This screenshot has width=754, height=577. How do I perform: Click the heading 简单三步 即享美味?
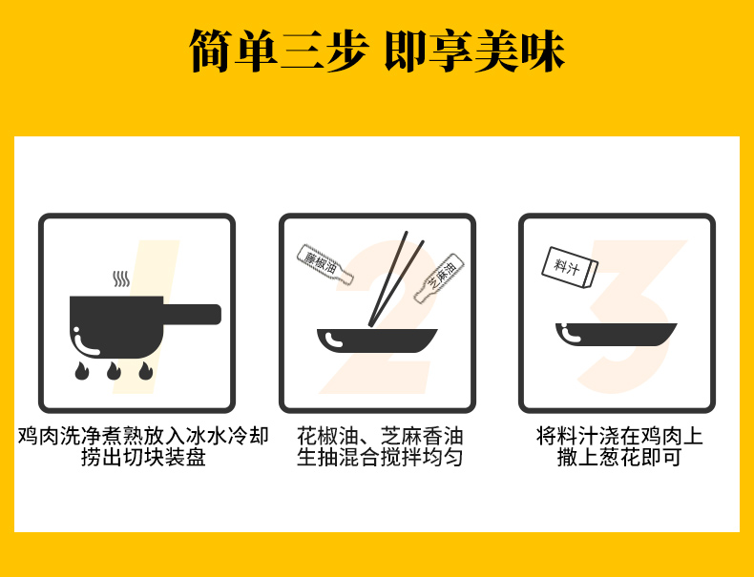376,51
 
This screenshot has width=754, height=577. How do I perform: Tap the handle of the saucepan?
193,314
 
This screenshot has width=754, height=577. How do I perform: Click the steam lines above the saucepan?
121,278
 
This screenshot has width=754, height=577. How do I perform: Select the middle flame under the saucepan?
114,371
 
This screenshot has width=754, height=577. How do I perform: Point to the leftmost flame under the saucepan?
82,371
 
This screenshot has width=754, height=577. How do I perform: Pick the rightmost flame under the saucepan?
146,371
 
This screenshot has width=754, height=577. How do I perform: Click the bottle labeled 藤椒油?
325,265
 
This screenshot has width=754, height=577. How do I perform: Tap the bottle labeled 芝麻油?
439,278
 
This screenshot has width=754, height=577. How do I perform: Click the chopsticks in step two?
395,279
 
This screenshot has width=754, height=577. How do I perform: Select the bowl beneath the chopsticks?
377,340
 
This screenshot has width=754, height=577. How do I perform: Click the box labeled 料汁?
570,267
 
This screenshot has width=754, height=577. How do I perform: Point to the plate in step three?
616,335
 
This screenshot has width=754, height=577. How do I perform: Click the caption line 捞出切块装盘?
143,457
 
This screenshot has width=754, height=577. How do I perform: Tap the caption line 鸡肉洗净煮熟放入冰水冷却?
143,436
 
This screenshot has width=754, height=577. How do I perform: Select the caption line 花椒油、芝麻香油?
380,436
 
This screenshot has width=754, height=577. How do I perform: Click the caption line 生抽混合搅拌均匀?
380,457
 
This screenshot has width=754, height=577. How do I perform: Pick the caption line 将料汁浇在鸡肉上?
619,436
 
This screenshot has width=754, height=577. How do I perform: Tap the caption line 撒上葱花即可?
619,457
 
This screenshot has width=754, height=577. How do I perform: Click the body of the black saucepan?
116,327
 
